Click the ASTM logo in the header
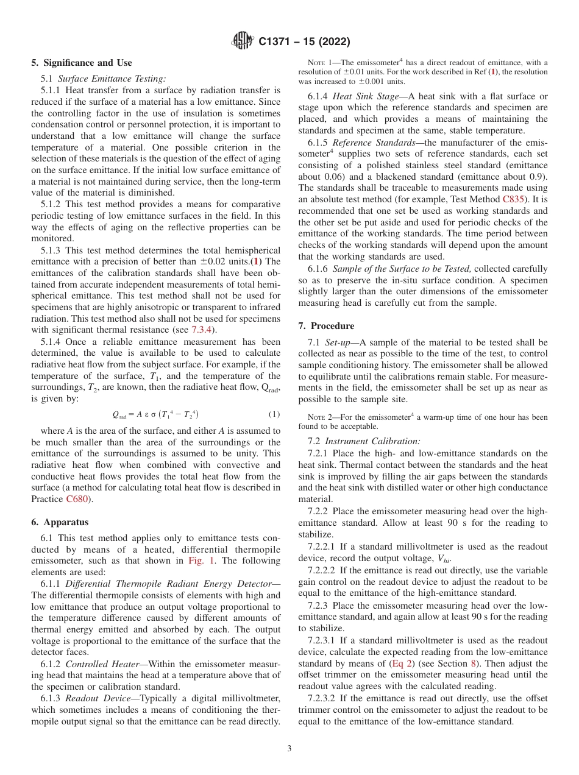point(243,41)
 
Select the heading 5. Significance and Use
point(81,63)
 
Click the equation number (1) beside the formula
point(274,414)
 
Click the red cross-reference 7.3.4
point(204,330)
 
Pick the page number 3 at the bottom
point(289,748)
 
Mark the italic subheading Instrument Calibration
point(372,441)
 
